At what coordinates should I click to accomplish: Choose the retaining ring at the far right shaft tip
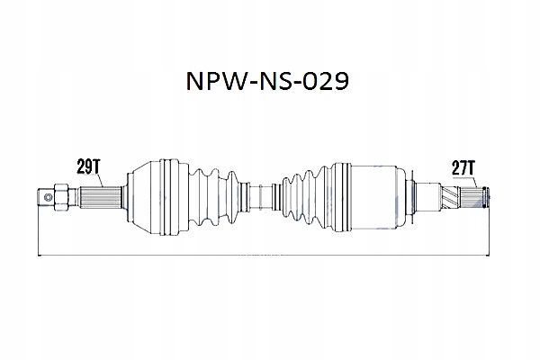point(487,195)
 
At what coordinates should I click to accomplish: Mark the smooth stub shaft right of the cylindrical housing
point(423,195)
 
